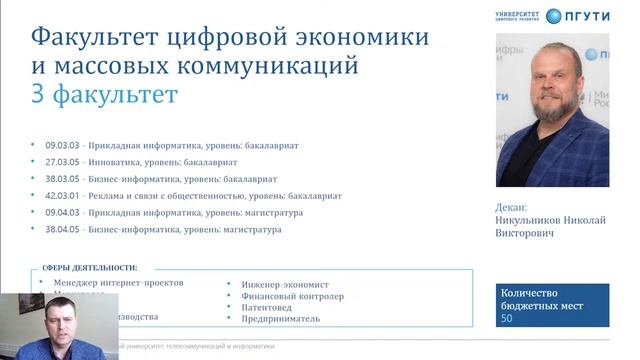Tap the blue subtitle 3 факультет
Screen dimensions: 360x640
pos(104,95)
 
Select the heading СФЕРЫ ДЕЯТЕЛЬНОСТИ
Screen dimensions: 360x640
pos(90,268)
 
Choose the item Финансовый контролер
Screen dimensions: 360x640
pos(292,295)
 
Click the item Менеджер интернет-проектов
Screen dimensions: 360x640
pos(118,283)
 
